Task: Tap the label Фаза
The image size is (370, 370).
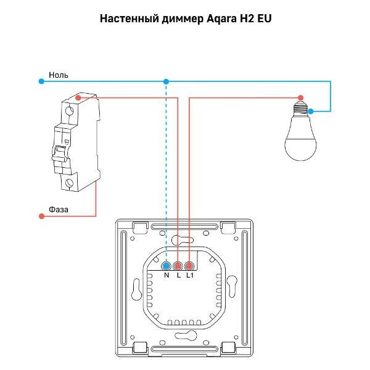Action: tap(59, 209)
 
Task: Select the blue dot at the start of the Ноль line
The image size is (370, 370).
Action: tap(41, 81)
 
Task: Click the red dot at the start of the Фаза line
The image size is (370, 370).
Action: tap(41, 216)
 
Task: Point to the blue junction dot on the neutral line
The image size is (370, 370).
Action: tap(165, 81)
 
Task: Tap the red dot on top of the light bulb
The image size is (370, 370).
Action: tap(300, 97)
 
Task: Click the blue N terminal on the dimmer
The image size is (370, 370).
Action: tap(166, 266)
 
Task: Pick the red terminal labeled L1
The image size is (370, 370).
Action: tap(189, 266)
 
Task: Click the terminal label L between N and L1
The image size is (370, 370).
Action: tap(178, 275)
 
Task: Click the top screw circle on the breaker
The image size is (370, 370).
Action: tap(70, 112)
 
